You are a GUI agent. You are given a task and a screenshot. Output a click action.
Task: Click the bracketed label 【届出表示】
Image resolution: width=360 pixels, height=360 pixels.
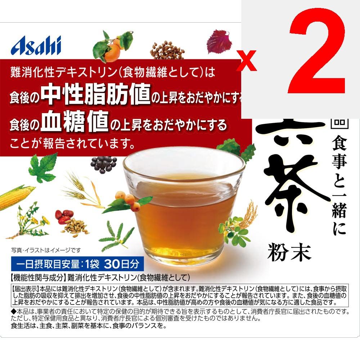pyautogui.click(x=26, y=288)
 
